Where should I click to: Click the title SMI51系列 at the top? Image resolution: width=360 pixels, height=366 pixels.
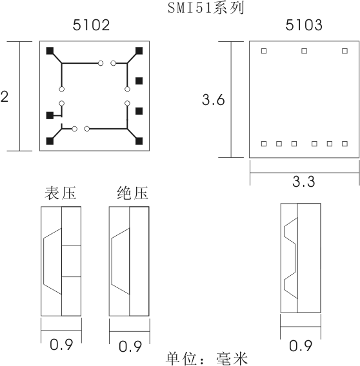[206, 8]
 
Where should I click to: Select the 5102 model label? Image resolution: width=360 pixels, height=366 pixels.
[91, 25]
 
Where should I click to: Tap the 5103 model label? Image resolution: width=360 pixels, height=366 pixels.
[304, 25]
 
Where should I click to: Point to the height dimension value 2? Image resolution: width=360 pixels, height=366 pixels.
[5, 97]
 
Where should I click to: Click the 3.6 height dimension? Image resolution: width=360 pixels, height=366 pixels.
[213, 100]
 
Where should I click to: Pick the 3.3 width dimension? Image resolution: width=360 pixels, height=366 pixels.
[304, 181]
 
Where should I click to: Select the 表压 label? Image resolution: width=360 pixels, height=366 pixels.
[61, 193]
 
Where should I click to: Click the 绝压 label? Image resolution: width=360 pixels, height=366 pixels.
[132, 193]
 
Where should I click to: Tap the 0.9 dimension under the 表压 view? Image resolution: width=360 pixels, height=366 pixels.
[61, 345]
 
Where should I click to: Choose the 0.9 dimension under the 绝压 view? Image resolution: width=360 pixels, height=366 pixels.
[130, 346]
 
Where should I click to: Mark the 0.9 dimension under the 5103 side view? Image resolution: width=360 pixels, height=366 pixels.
[301, 345]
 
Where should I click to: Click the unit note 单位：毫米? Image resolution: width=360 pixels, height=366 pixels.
[207, 359]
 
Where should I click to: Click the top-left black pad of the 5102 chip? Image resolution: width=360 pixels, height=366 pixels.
[50, 51]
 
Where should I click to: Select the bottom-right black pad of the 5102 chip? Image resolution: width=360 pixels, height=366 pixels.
[139, 141]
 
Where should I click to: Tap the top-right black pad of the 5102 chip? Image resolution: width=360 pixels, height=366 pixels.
[139, 51]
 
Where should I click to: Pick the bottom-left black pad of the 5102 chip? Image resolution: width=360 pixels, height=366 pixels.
[50, 141]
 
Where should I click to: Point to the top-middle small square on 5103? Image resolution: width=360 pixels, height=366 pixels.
[304, 51]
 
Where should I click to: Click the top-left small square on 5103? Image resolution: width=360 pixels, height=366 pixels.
[264, 51]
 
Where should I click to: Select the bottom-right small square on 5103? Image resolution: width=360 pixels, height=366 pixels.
[345, 144]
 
